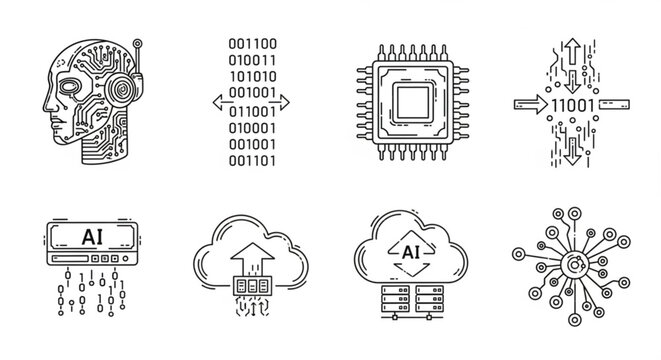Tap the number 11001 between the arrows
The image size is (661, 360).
pos(572,103)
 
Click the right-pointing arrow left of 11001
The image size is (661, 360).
pos(529,103)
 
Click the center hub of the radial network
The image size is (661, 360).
pos(574,265)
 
